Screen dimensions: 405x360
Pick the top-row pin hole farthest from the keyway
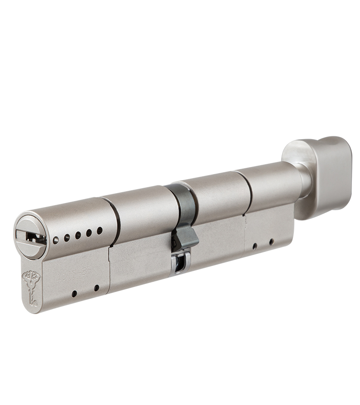pyautogui.click(x=100, y=230)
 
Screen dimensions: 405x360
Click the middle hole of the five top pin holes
pyautogui.click(x=78, y=235)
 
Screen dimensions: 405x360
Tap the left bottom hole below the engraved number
pyautogui.click(x=74, y=294)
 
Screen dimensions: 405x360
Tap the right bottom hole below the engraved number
pyautogui.click(x=96, y=288)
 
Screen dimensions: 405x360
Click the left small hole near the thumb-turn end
pyautogui.click(x=255, y=246)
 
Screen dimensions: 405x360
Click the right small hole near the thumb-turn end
pyautogui.click(x=271, y=242)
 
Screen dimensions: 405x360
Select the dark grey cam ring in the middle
pyautogui.click(x=183, y=207)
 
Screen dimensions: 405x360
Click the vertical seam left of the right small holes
pyautogui.click(x=246, y=236)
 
